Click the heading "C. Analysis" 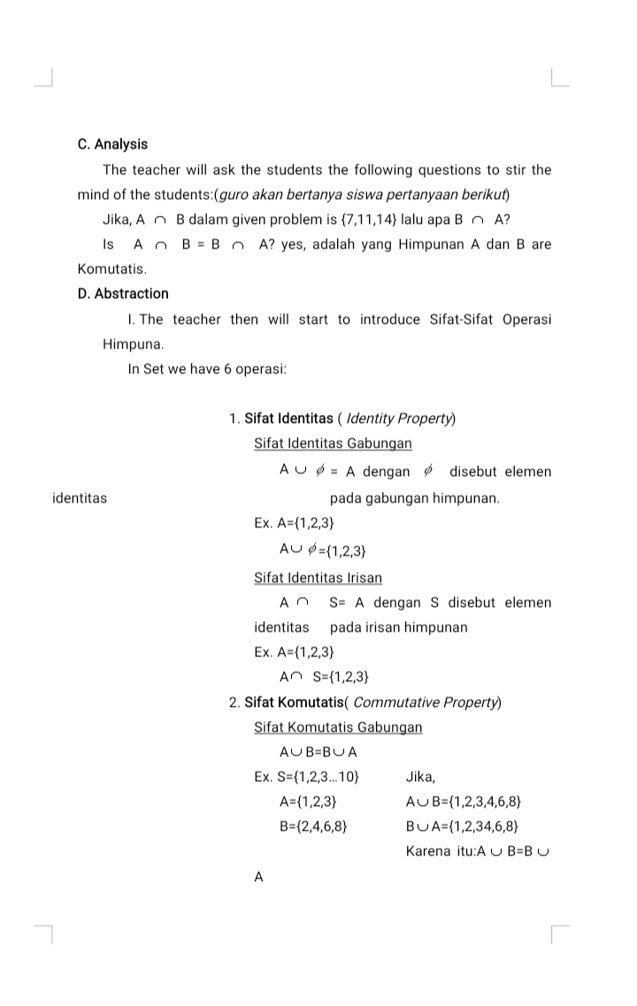(112, 144)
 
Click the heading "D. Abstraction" (123, 294)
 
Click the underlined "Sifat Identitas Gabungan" (333, 443)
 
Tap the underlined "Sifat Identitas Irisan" (318, 578)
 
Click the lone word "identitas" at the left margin (80, 498)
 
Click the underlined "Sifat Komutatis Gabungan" (338, 727)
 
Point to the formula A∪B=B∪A (318, 753)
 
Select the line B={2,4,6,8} (311, 827)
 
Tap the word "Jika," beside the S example (420, 778)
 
